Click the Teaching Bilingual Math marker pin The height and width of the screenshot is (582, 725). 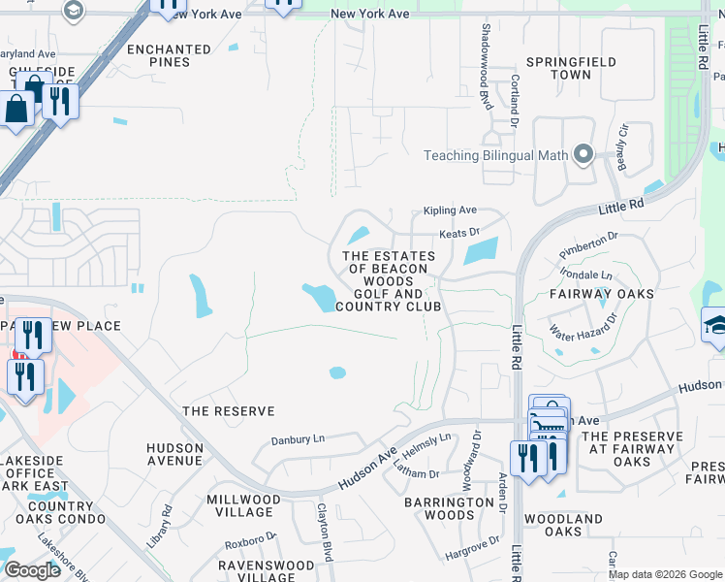(x=583, y=155)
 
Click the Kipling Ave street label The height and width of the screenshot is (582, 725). (x=450, y=210)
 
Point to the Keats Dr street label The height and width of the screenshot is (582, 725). (x=459, y=234)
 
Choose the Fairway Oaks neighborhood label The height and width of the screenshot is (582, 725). (x=601, y=293)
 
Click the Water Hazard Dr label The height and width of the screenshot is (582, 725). (x=582, y=326)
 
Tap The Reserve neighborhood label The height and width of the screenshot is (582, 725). (x=229, y=411)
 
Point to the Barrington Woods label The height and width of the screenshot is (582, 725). (x=449, y=508)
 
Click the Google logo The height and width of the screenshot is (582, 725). (x=32, y=570)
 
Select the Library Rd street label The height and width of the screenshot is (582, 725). (x=160, y=523)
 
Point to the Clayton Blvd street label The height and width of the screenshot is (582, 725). (x=326, y=525)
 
